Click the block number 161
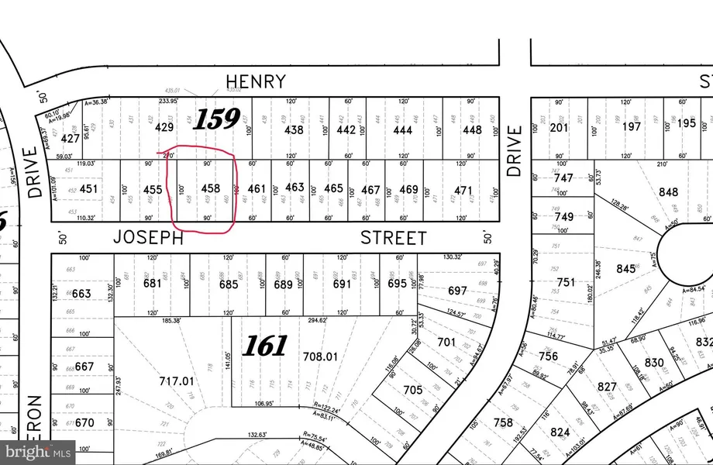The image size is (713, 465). pos(264,346)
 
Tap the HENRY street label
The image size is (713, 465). pos(256,81)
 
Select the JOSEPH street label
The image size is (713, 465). pos(148,238)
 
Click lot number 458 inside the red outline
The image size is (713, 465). pos(211,188)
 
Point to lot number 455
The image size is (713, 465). pos(152,188)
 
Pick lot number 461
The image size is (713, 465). pos(257,188)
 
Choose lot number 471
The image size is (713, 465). pos(463,190)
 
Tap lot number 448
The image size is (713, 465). pos(472,130)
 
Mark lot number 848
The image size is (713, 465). pos(667,192)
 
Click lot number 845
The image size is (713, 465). pos(625,270)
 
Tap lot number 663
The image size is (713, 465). pos(82,294)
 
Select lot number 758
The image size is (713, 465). pos(504,422)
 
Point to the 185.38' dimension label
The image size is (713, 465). pos(171,319)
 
